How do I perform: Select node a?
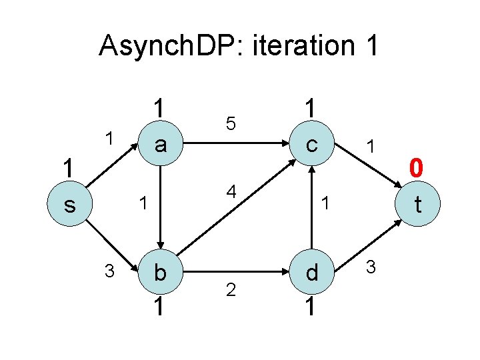161,143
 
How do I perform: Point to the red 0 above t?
417,167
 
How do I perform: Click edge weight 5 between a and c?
230,123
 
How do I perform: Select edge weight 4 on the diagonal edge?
231,191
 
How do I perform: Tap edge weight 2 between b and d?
231,290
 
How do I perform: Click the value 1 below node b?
159,307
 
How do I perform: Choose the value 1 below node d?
311,307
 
